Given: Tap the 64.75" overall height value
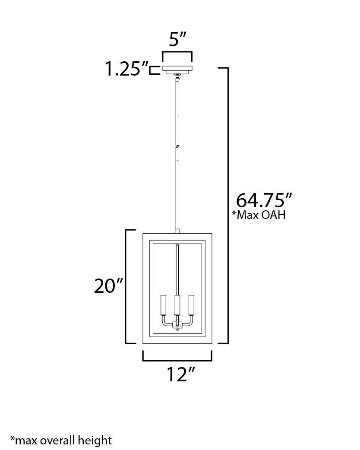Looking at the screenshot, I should point(264,200).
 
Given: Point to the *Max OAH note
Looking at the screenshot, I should point(259,215).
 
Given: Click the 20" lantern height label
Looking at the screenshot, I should point(109,286).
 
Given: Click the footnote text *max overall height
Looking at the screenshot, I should point(61,440).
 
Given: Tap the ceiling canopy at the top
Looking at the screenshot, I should point(177,70).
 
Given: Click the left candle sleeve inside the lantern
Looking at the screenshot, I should point(163,306).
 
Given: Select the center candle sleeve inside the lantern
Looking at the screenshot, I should point(177,306).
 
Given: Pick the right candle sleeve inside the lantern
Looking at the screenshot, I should point(191,306).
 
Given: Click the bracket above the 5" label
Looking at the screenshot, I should point(177,52).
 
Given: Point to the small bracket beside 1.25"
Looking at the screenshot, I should point(153,71).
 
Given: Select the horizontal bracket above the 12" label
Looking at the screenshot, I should point(177,360).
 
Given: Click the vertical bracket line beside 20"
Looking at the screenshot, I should point(126,286).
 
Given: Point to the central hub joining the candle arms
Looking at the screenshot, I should point(177,324).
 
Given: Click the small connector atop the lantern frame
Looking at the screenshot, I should point(177,231).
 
